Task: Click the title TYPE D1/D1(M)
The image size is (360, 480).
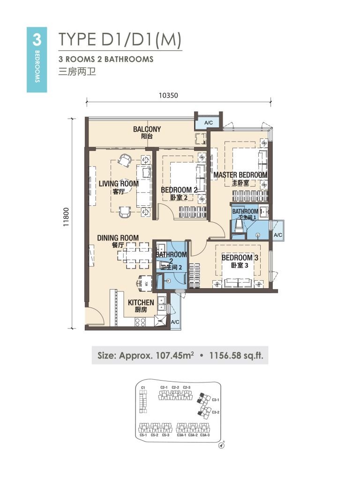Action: pos(120,40)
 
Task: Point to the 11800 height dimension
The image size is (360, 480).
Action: pos(67,217)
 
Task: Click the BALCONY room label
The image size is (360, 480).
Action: pos(147,129)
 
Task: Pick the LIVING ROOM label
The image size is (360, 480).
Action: pos(119,184)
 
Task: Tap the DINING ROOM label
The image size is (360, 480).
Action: pos(118,238)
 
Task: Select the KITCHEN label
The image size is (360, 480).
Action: pos(141,303)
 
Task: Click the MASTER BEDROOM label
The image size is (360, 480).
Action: pos(240,175)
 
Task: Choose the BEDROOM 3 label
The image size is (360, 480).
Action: pos(240,258)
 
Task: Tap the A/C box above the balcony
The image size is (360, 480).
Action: pos(207,123)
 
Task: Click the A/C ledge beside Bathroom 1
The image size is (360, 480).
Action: pos(277,234)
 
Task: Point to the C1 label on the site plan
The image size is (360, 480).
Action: pos(143,388)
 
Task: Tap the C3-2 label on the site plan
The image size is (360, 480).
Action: pos(216,412)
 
